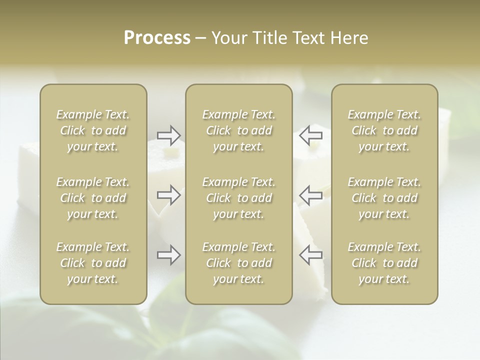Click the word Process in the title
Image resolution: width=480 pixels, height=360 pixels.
(157, 38)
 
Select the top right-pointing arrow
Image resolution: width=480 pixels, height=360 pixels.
(169, 135)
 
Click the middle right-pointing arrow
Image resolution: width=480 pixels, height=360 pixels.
(169, 195)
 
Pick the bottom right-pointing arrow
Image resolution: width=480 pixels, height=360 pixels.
(169, 255)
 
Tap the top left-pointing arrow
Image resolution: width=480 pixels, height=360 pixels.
(310, 135)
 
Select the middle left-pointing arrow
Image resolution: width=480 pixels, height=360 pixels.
(310, 195)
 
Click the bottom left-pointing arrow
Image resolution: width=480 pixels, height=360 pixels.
(310, 255)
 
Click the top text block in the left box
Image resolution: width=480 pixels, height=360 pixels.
(93, 130)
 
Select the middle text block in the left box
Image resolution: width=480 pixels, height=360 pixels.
(93, 198)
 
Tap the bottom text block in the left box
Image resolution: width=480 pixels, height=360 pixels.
(93, 263)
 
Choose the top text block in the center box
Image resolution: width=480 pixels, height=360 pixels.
(238, 130)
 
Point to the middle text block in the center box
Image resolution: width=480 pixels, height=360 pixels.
(238, 198)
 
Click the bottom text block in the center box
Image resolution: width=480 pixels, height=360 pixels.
(238, 263)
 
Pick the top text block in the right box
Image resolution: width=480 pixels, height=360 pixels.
(384, 130)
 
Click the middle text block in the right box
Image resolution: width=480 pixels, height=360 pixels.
(384, 198)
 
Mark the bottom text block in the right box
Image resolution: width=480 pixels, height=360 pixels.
(384, 263)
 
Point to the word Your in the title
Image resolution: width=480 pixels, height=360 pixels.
(229, 38)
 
